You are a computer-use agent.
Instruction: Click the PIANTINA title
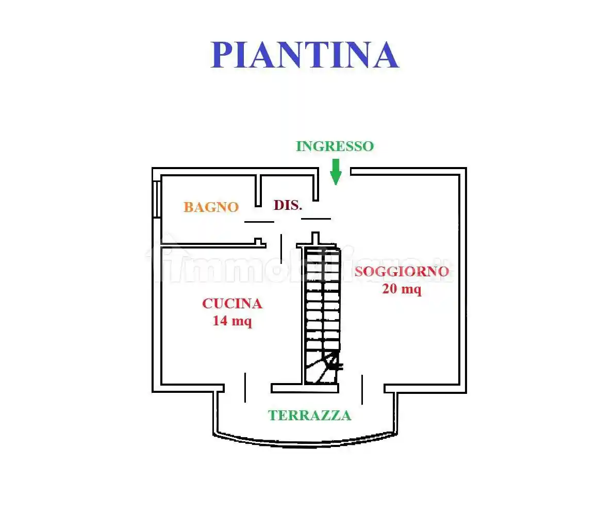click(305, 55)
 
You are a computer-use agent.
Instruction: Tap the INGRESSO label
click(335, 146)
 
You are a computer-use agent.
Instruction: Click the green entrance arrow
click(336, 172)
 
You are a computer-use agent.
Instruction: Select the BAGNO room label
click(211, 207)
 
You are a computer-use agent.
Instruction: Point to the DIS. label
click(287, 205)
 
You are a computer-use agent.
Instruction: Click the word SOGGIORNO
click(402, 272)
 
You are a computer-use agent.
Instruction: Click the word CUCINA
click(232, 304)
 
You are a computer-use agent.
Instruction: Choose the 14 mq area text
click(232, 321)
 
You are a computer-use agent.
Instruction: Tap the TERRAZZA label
click(309, 416)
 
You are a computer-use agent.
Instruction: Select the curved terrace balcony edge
click(304, 441)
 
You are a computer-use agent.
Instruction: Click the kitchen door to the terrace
click(245, 387)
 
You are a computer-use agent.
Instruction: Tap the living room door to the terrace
click(362, 389)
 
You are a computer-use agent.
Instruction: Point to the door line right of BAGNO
click(259, 222)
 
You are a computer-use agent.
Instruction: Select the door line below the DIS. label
click(315, 219)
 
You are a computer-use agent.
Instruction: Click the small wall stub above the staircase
click(315, 238)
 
